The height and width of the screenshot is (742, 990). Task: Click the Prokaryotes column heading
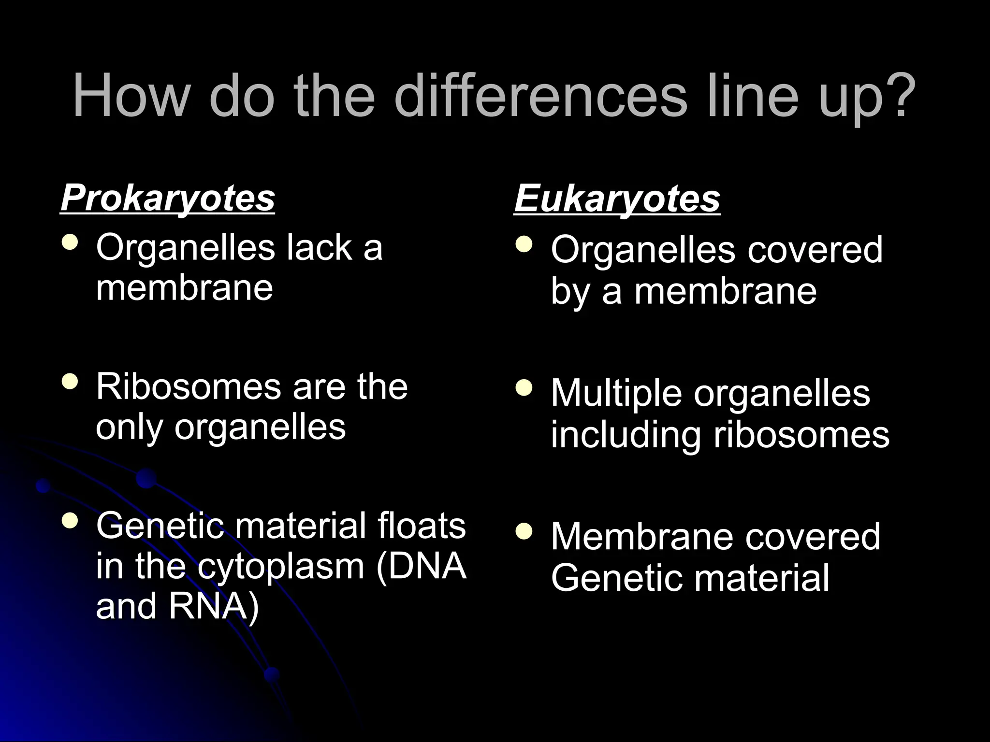[x=168, y=198]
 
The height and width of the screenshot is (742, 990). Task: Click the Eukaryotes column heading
[x=617, y=198]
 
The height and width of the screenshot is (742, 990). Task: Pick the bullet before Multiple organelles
[x=524, y=387]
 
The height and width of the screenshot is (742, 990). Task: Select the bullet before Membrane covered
[x=524, y=531]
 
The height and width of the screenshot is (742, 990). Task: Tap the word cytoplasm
[x=281, y=566]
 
